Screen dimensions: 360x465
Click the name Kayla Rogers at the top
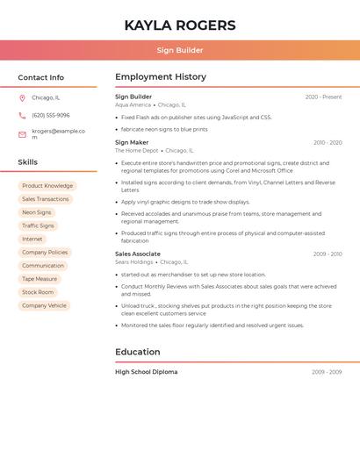pos(180,25)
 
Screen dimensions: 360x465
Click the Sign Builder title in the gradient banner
pos(180,50)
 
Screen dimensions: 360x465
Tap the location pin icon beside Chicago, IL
pos(22,97)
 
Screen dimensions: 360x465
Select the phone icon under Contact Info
pos(22,115)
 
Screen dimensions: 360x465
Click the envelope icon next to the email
pos(22,134)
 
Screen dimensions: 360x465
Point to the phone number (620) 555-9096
pos(50,115)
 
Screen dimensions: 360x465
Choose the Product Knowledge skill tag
pos(47,186)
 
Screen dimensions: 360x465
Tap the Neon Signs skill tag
pos(37,212)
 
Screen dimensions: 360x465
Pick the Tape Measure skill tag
pos(40,279)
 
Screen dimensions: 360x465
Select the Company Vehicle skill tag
pos(44,305)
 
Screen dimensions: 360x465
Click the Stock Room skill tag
pos(38,292)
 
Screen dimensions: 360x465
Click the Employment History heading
pos(161,77)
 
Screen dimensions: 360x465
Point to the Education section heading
pos(138,352)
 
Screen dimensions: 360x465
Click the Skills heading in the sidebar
pos(28,162)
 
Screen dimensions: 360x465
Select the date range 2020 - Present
pos(323,97)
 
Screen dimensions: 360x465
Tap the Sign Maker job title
pos(132,142)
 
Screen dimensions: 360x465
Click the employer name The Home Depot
pos(137,150)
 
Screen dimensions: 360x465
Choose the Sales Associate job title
pos(138,254)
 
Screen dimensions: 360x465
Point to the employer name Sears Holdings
pos(134,261)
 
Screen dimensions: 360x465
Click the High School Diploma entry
pos(147,372)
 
